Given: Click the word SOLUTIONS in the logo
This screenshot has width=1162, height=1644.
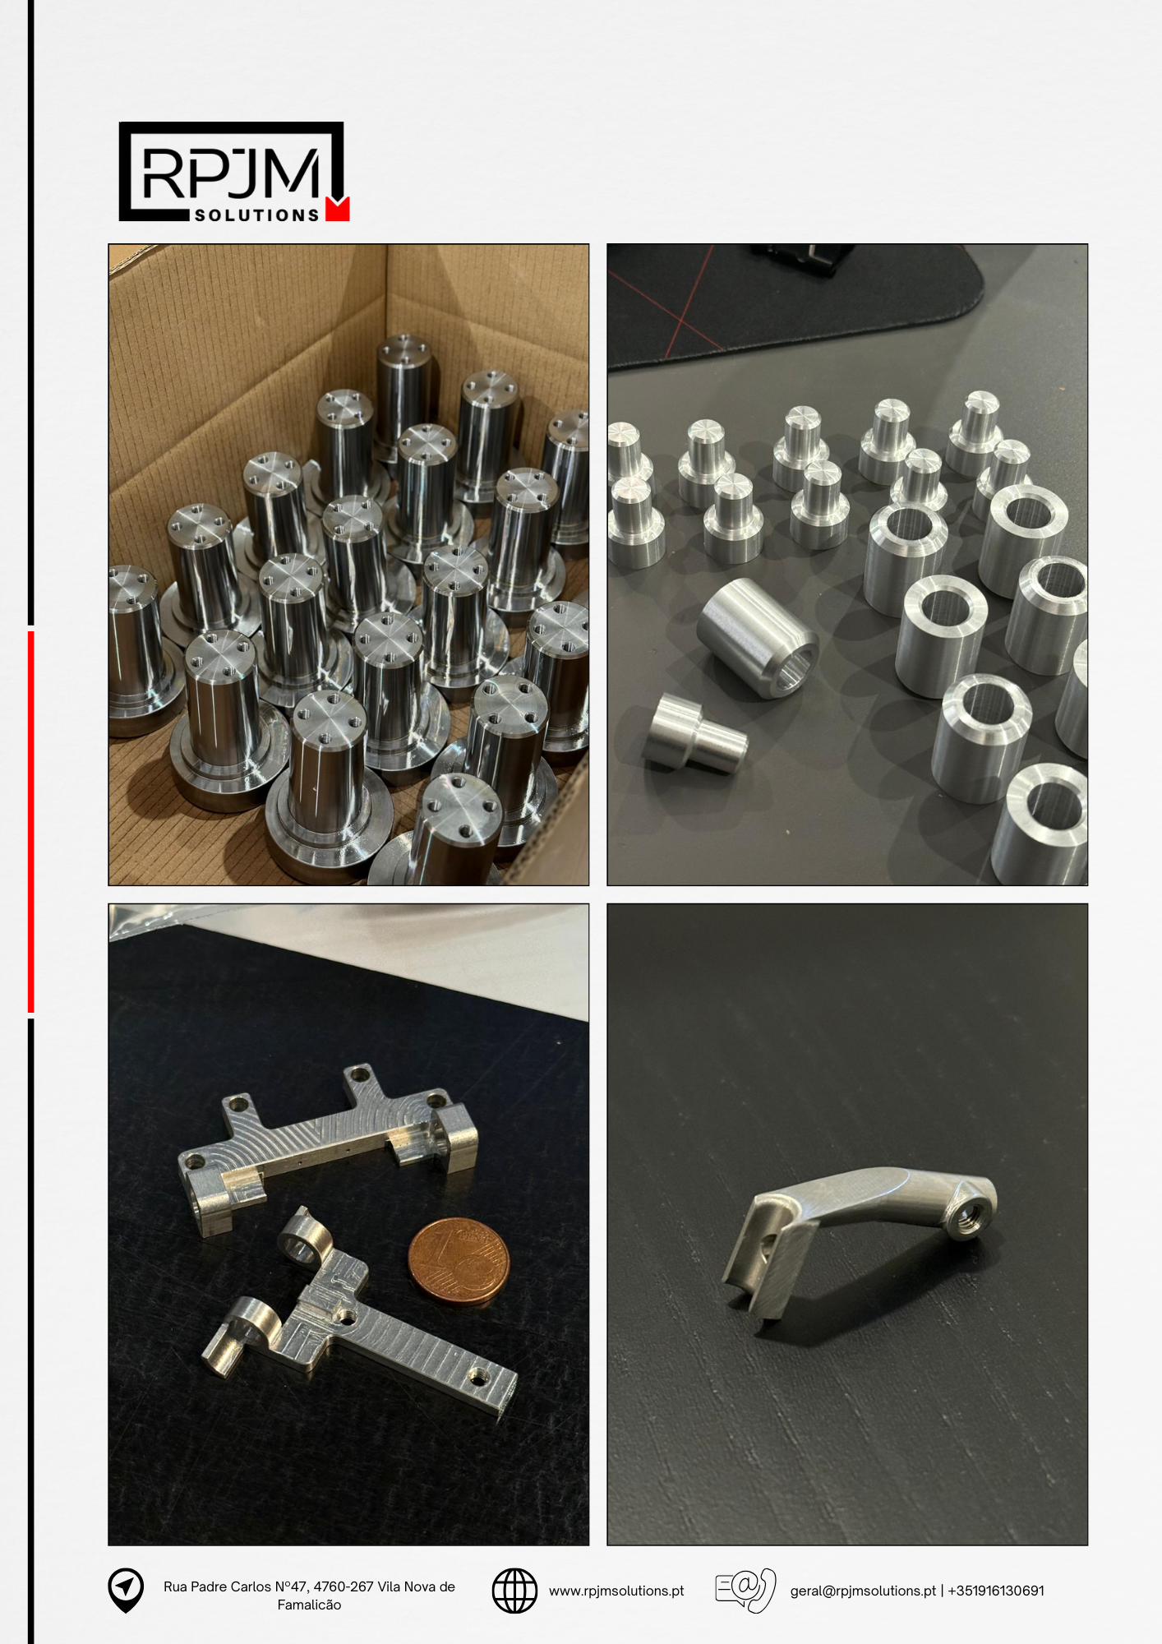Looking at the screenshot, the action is pos(256,215).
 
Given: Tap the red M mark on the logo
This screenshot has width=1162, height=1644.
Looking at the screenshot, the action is pos(338,209).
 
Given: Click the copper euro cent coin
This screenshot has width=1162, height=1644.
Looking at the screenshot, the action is pos(459,1262).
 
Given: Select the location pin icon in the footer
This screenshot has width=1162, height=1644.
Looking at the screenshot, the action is pos(126,1590).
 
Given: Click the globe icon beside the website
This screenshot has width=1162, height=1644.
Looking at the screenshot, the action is pos(514,1591).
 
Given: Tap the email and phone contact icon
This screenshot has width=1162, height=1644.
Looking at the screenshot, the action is pos(745,1590).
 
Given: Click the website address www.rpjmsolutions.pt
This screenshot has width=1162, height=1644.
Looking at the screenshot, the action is pos(616,1591).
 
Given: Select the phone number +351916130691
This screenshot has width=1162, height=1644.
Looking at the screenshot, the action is pos(996,1591).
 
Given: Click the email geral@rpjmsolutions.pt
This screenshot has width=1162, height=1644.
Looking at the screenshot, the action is pos(863,1591).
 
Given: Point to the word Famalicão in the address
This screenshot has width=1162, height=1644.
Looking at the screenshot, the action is pos(309,1605).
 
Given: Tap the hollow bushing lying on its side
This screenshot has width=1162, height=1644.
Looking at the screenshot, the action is pos(758,638).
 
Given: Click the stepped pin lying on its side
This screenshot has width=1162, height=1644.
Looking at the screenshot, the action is pos(695,732).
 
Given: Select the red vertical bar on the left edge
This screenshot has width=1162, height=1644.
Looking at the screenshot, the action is pos(30,822).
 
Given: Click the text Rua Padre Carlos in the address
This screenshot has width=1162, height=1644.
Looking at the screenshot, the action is pos(217,1586).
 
